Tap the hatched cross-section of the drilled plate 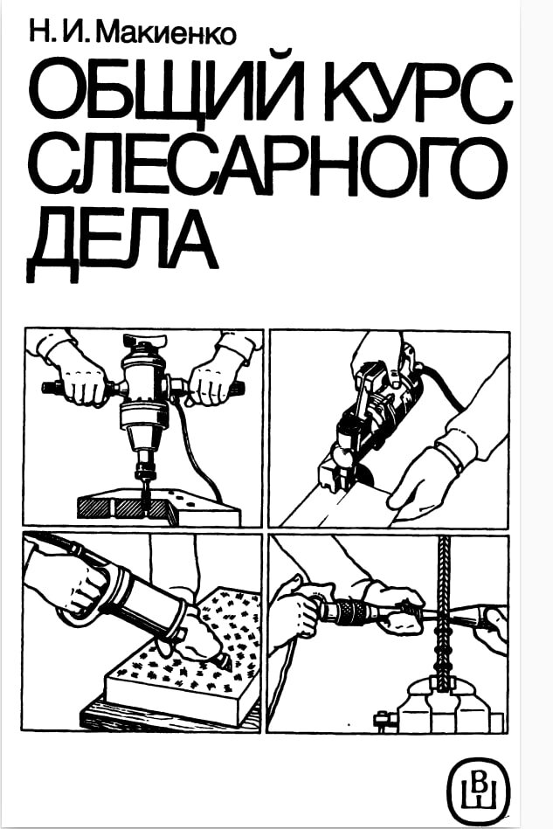[x=123, y=507]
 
